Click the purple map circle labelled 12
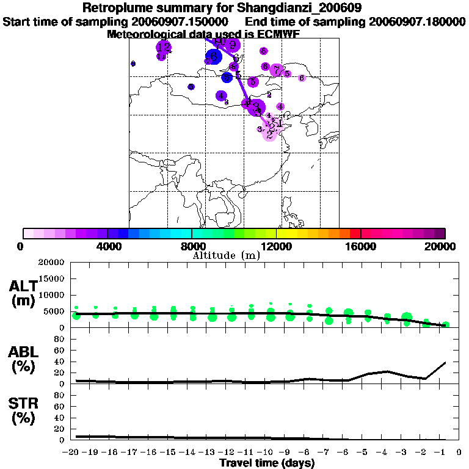pos(164,47)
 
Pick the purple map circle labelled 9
pos(232,45)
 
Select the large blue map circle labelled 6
pos(213,57)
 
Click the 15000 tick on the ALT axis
pos(53,278)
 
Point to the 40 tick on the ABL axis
pos(60,362)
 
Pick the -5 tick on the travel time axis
pos(365,453)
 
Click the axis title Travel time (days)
pos(267,464)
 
